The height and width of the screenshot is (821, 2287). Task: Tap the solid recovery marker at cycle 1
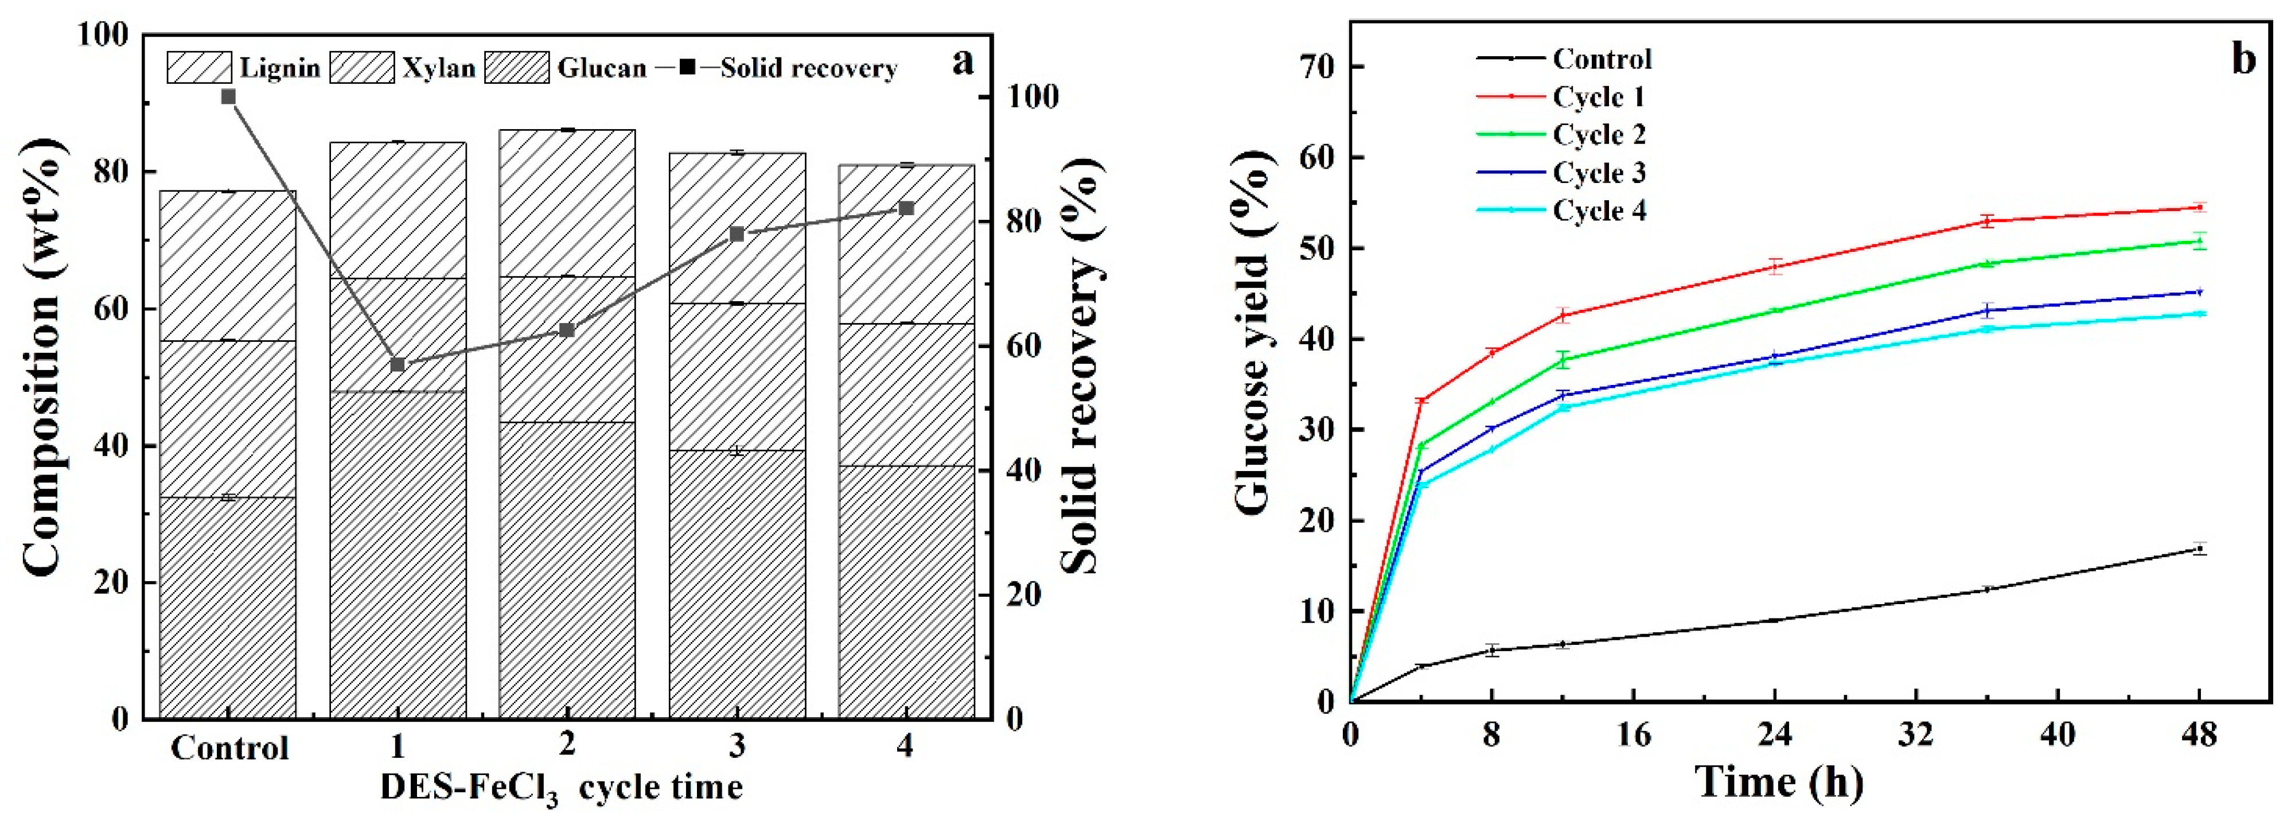(x=398, y=365)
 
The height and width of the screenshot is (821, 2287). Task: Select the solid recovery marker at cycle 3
(x=736, y=234)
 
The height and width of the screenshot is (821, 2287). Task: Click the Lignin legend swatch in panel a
(x=199, y=68)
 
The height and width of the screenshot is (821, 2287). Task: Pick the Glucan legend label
(x=602, y=68)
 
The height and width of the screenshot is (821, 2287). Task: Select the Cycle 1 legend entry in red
(x=1598, y=97)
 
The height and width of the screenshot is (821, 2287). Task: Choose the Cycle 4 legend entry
(x=1599, y=211)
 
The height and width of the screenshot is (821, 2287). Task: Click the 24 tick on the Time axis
(x=1775, y=736)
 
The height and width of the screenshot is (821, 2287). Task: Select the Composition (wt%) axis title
(x=40, y=357)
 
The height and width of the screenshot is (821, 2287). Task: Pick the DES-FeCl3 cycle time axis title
(x=561, y=787)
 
